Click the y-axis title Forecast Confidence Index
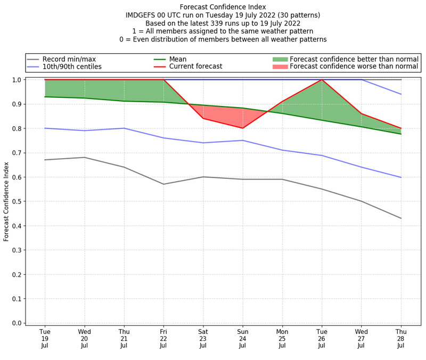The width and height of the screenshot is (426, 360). [6, 201]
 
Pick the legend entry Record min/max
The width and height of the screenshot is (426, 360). [69, 59]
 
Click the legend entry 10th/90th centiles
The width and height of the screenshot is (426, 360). [72, 67]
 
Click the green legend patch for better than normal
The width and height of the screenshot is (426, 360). [280, 59]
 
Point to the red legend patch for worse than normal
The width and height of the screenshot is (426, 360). [280, 67]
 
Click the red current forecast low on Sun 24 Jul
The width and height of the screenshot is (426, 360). [243, 128]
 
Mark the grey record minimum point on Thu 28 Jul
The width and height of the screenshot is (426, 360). [401, 218]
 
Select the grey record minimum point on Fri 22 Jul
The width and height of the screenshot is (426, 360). [163, 184]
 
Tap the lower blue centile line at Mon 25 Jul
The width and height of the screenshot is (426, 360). [282, 150]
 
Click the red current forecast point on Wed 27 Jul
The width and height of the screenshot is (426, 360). [362, 113]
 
